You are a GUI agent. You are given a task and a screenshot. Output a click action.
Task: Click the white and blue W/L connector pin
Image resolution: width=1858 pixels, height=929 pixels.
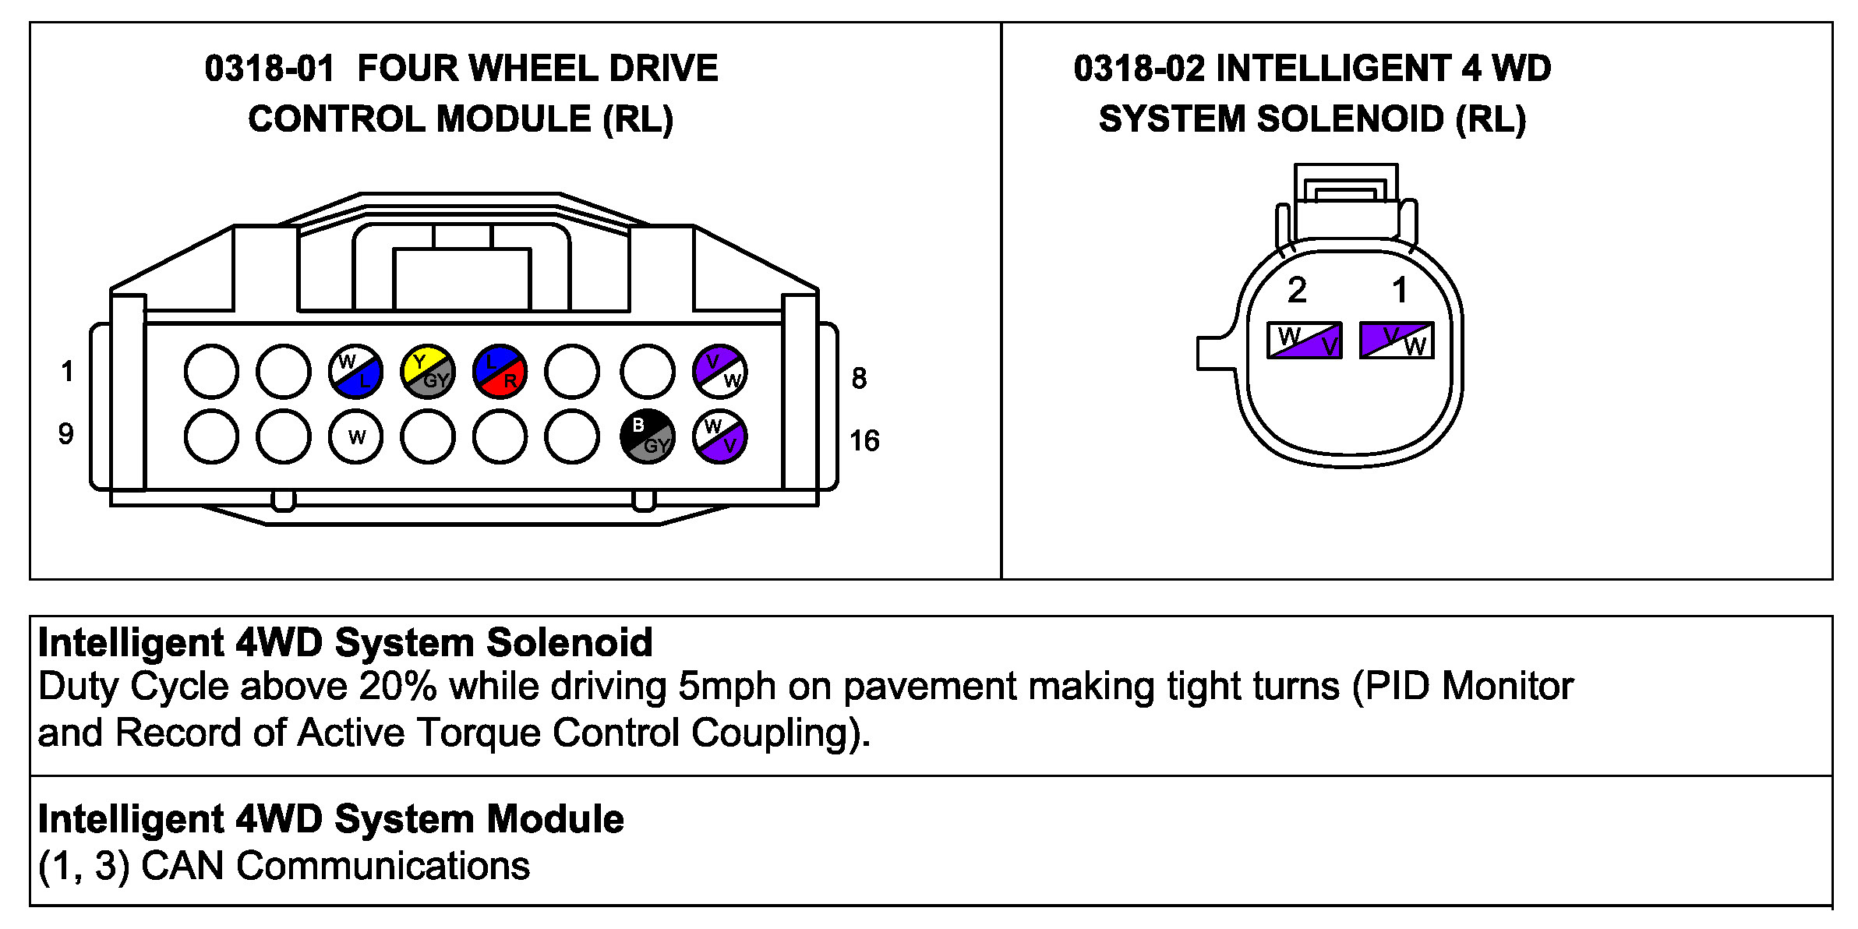(355, 372)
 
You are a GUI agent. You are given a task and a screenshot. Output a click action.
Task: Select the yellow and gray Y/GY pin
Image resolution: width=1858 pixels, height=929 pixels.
(427, 372)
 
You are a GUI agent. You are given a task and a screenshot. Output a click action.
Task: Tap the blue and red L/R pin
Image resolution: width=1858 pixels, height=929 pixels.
(500, 372)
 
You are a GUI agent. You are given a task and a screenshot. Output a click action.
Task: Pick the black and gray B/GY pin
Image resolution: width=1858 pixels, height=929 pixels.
(647, 436)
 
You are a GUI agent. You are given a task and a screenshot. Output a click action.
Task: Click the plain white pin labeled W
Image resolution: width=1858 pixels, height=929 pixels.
(355, 436)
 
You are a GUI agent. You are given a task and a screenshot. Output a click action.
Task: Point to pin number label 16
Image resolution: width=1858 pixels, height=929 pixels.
(864, 441)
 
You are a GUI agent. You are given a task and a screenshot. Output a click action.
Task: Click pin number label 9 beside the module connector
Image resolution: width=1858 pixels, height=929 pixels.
(66, 434)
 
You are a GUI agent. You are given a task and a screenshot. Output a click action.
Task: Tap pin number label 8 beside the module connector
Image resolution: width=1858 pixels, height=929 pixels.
(859, 379)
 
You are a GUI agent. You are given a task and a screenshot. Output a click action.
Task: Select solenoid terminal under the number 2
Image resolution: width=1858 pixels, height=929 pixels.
(1305, 341)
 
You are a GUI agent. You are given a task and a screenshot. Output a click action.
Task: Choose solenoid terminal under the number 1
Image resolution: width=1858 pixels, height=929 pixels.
(1397, 341)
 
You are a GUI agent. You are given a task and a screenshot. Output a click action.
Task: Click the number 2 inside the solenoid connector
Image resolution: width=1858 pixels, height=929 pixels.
(1297, 291)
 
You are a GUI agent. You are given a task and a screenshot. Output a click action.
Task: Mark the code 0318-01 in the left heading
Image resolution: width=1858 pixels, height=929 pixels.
(270, 69)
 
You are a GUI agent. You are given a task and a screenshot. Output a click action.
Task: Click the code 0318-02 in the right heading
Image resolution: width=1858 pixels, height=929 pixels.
(1139, 69)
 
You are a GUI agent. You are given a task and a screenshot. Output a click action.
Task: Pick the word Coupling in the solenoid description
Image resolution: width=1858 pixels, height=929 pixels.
(780, 733)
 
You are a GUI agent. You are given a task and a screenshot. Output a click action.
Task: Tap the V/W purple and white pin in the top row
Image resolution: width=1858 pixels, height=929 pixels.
(720, 372)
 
